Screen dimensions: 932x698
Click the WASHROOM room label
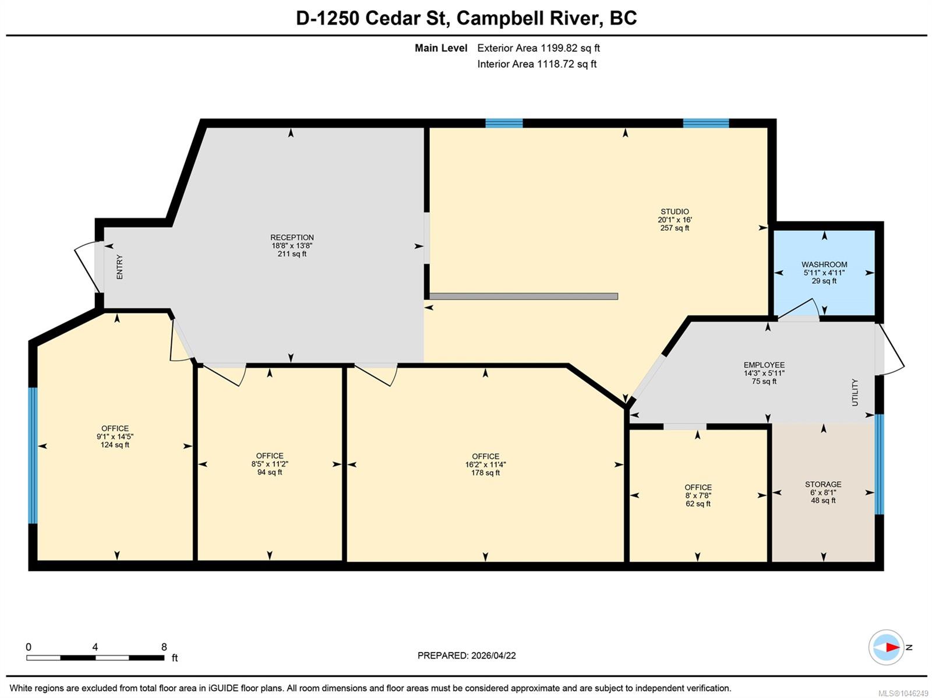point(824,265)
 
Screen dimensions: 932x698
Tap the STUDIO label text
point(675,211)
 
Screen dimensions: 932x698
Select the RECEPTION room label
point(292,237)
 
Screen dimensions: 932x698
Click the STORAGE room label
point(823,484)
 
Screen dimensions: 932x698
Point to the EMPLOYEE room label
point(764,365)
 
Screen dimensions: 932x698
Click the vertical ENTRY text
point(119,267)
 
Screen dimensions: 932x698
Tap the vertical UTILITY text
point(855,392)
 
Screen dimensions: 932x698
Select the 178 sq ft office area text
point(485,473)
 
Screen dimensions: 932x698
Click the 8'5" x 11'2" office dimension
point(270,464)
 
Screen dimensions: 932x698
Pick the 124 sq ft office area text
point(115,445)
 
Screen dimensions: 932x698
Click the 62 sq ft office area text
point(698,503)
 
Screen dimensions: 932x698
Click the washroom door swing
point(798,308)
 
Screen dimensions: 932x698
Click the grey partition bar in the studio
point(524,297)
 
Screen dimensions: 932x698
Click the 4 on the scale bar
point(95,647)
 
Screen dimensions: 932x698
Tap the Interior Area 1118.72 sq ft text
point(536,64)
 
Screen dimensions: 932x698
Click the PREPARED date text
point(466,655)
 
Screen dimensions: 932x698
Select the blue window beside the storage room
point(880,464)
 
